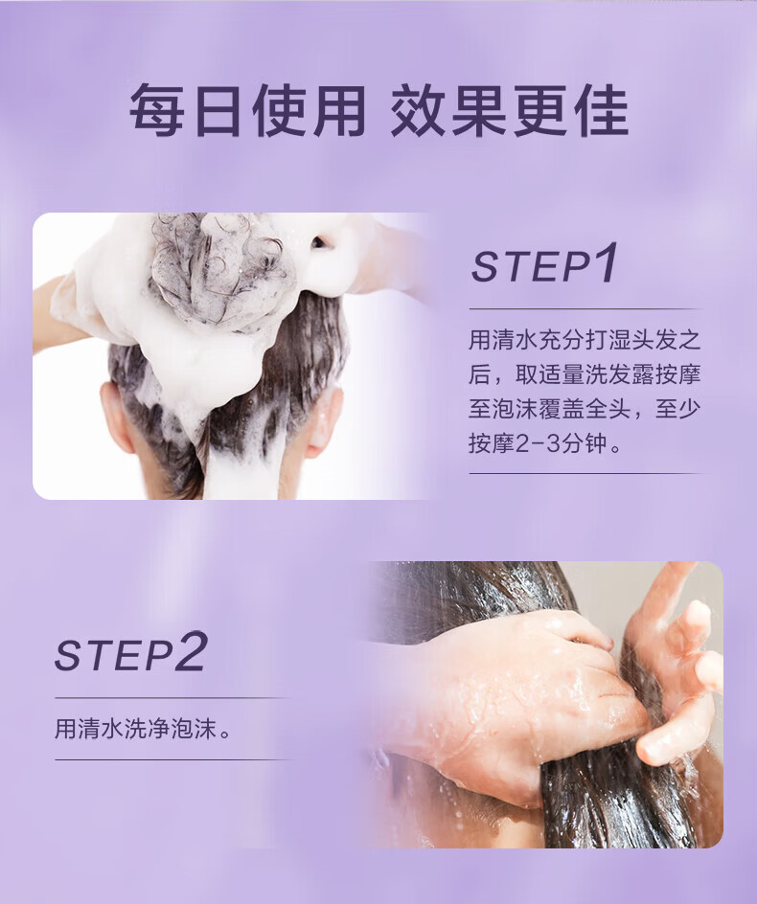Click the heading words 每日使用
pos(247,111)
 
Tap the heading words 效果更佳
pos(509,111)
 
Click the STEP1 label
pos(544,263)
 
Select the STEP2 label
pos(130,651)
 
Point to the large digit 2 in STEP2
pos(190,651)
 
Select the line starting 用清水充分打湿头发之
pos(585,340)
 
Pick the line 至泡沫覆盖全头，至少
pos(585,409)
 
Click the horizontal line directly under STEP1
pos(586,309)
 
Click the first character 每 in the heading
pos(156,111)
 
